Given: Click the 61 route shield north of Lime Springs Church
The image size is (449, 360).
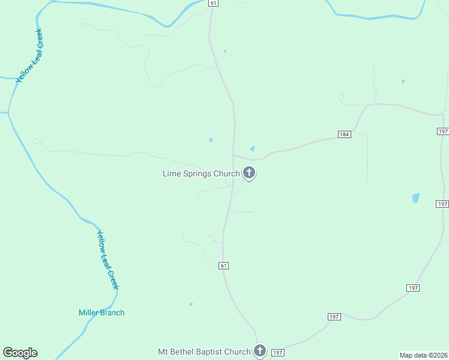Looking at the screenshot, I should tap(214, 3).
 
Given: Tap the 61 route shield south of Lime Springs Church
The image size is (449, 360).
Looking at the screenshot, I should tap(223, 266).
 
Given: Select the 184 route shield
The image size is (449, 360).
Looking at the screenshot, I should tap(344, 134).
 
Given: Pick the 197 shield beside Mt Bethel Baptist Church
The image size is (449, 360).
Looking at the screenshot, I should tap(277, 353).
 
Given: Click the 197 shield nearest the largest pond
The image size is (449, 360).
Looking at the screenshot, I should tap(442, 204).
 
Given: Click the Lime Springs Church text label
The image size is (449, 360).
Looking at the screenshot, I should tap(201, 174).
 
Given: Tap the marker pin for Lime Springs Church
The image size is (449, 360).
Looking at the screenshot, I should tap(249, 173).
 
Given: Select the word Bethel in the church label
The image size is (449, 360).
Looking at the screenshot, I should tap(182, 352).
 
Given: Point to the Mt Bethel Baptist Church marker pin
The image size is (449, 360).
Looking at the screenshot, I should tap(259, 350).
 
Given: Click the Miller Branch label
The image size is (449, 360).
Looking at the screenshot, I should tap(101, 313).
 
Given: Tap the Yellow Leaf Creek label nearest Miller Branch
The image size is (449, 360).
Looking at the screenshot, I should tap(108, 260).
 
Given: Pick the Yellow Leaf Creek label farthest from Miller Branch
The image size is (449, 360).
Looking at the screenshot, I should tap(29, 55).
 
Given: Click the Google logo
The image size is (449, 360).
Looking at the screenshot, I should tap(20, 353).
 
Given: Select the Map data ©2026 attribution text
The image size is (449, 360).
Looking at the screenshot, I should tap(423, 355).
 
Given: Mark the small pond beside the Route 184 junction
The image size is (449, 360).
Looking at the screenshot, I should tap(252, 149).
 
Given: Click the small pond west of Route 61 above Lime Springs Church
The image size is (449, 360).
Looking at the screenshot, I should tap(211, 140).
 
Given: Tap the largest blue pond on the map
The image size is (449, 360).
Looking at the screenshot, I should tap(415, 198).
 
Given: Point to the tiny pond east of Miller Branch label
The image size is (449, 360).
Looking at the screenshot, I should tap(191, 304).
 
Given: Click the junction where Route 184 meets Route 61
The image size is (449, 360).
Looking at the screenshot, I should tap(234, 155).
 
